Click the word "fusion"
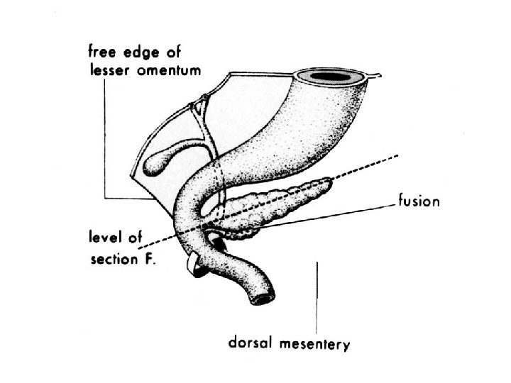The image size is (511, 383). click(x=419, y=202)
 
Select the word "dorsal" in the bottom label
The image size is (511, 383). click(x=248, y=345)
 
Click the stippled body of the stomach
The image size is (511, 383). click(x=284, y=135)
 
